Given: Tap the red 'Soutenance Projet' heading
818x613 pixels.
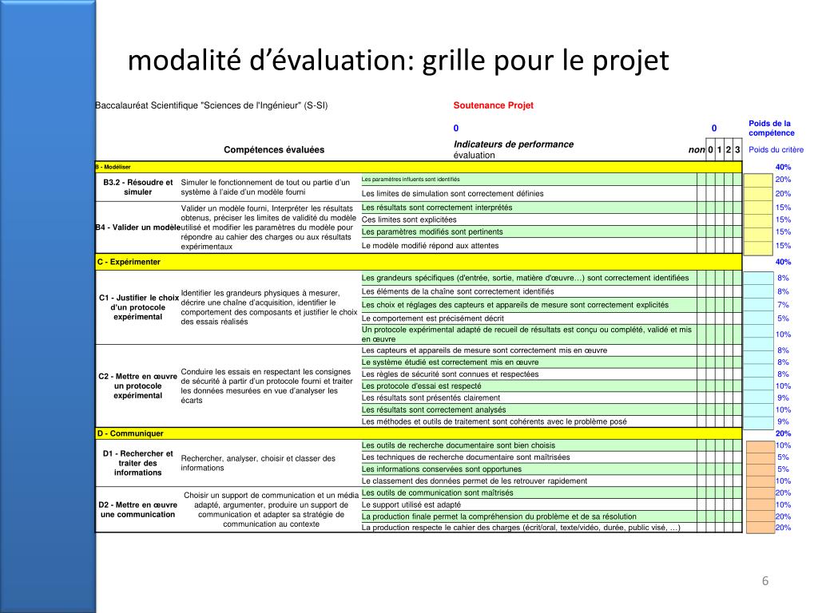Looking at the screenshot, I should (493, 105).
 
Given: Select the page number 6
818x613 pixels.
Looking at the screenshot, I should (764, 580).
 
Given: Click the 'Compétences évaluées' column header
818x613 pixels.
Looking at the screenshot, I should (274, 150).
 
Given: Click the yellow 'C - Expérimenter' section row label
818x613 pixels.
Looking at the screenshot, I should (129, 262).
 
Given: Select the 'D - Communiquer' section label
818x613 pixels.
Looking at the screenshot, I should (130, 433).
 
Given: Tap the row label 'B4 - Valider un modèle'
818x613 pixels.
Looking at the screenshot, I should (137, 227).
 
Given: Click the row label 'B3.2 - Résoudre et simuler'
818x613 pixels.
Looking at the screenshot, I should (137, 188).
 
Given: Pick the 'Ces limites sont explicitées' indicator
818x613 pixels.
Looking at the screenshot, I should (409, 219).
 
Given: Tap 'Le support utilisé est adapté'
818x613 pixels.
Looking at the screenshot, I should (411, 504).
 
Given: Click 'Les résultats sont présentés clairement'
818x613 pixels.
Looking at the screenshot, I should (431, 397).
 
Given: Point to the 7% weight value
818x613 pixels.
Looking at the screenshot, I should (783, 305).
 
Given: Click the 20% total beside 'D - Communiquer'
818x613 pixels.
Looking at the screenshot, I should (783, 433).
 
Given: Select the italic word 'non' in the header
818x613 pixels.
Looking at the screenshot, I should (697, 150).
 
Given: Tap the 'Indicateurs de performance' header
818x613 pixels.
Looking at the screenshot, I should (513, 144).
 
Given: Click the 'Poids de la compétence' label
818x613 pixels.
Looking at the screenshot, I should (769, 128).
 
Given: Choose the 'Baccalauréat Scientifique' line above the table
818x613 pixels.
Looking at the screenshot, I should (212, 105).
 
